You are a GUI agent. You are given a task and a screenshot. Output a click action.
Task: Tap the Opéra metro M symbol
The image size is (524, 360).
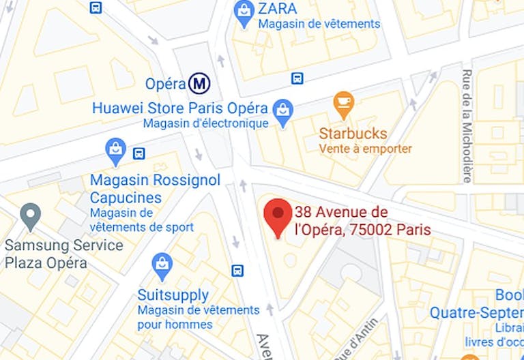(x=199, y=84)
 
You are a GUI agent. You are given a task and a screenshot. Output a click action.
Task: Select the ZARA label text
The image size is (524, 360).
(x=278, y=9)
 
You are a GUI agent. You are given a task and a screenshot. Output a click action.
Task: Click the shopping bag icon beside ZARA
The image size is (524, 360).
(x=243, y=10)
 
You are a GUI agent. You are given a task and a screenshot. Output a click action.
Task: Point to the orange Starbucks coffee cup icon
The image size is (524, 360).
(x=344, y=104)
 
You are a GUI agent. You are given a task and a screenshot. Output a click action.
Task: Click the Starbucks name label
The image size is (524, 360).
(x=353, y=134)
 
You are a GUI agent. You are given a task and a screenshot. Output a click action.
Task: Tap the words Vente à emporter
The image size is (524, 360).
(x=365, y=149)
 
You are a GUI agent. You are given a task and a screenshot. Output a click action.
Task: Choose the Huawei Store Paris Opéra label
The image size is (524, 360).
(x=179, y=108)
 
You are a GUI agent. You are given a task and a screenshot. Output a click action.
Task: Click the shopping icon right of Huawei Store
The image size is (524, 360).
(x=282, y=110)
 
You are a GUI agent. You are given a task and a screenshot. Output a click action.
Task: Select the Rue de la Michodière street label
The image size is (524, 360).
(x=467, y=125)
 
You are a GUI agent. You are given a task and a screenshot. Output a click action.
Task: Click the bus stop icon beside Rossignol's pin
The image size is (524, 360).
(x=139, y=153)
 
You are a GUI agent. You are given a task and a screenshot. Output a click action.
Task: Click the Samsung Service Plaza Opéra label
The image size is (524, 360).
(x=64, y=254)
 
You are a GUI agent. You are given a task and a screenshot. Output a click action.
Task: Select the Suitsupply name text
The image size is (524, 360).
(x=173, y=295)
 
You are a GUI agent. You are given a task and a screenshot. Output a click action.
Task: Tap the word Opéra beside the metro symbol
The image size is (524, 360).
(x=165, y=84)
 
